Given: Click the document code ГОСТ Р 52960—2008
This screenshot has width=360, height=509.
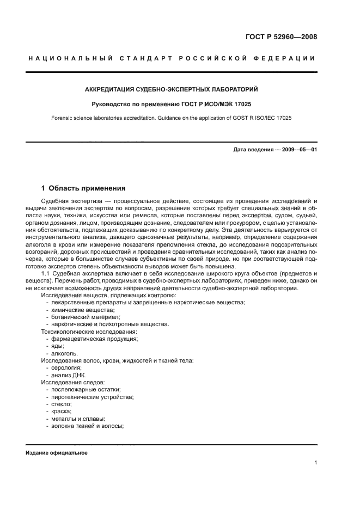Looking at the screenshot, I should point(278,38).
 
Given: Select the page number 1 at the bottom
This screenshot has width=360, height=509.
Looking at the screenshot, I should point(315,463).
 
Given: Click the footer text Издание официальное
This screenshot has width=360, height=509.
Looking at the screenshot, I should point(56,453).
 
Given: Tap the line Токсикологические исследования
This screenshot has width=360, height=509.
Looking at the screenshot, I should point(89,331).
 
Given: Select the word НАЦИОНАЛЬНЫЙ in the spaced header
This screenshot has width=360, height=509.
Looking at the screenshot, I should point(69,58).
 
